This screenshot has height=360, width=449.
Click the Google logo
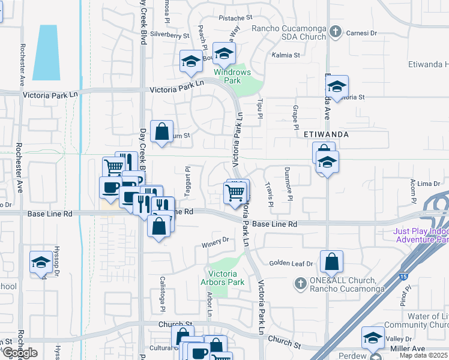19,353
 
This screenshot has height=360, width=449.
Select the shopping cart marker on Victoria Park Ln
235,193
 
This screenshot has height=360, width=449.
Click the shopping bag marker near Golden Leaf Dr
331,262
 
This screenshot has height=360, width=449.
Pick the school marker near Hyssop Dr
41,262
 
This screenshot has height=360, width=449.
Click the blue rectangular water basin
46,53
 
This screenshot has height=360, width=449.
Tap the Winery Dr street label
217,241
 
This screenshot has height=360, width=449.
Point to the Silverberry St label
170,35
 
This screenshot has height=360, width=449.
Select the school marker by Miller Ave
372,338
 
